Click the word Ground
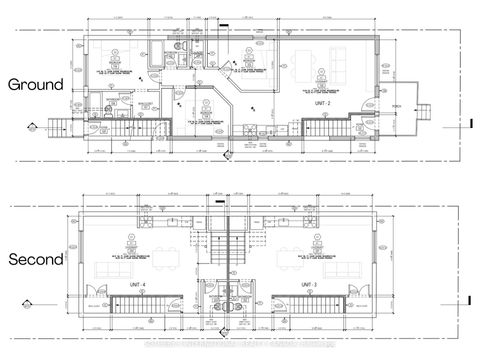(36, 85)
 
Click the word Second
(36, 259)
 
